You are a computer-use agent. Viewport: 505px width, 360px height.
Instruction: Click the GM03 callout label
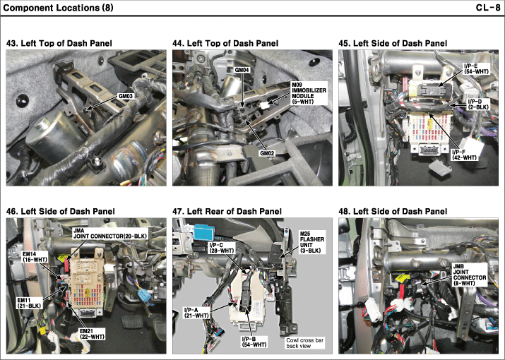pyautogui.click(x=126, y=96)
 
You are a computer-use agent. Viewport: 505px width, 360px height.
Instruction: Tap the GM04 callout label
pyautogui.click(x=242, y=69)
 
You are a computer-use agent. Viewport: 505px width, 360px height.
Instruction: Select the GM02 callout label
pyautogui.click(x=267, y=153)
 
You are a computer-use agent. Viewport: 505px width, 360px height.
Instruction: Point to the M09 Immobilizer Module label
pyautogui.click(x=309, y=93)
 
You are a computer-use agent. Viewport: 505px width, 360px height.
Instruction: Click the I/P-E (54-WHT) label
pyautogui.click(x=476, y=69)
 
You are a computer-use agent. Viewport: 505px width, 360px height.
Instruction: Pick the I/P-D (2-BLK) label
pyautogui.click(x=478, y=104)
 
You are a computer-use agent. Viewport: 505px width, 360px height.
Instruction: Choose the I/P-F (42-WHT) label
pyautogui.click(x=464, y=155)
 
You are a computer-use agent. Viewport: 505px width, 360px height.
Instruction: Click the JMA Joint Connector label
pyautogui.click(x=110, y=234)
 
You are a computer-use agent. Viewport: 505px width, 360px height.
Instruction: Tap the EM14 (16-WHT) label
pyautogui.click(x=35, y=257)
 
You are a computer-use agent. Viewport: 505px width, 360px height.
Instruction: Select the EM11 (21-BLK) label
pyautogui.click(x=29, y=303)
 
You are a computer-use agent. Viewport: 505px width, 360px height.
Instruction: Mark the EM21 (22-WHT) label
pyautogui.click(x=92, y=334)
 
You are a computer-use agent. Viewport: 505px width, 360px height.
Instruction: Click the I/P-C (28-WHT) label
pyautogui.click(x=222, y=247)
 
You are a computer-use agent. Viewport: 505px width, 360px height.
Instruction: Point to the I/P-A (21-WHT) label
pyautogui.click(x=196, y=313)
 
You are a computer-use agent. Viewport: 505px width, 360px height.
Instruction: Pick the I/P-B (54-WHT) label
pyautogui.click(x=254, y=342)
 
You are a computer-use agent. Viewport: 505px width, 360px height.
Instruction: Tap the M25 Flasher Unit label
pyautogui.click(x=312, y=242)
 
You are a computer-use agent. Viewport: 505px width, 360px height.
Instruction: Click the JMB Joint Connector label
pyautogui.click(x=470, y=275)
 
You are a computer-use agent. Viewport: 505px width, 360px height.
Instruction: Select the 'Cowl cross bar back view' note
pyautogui.click(x=304, y=343)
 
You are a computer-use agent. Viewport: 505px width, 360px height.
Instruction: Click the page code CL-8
pyautogui.click(x=487, y=7)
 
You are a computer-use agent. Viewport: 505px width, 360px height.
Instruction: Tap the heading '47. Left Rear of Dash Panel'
pyautogui.click(x=227, y=211)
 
